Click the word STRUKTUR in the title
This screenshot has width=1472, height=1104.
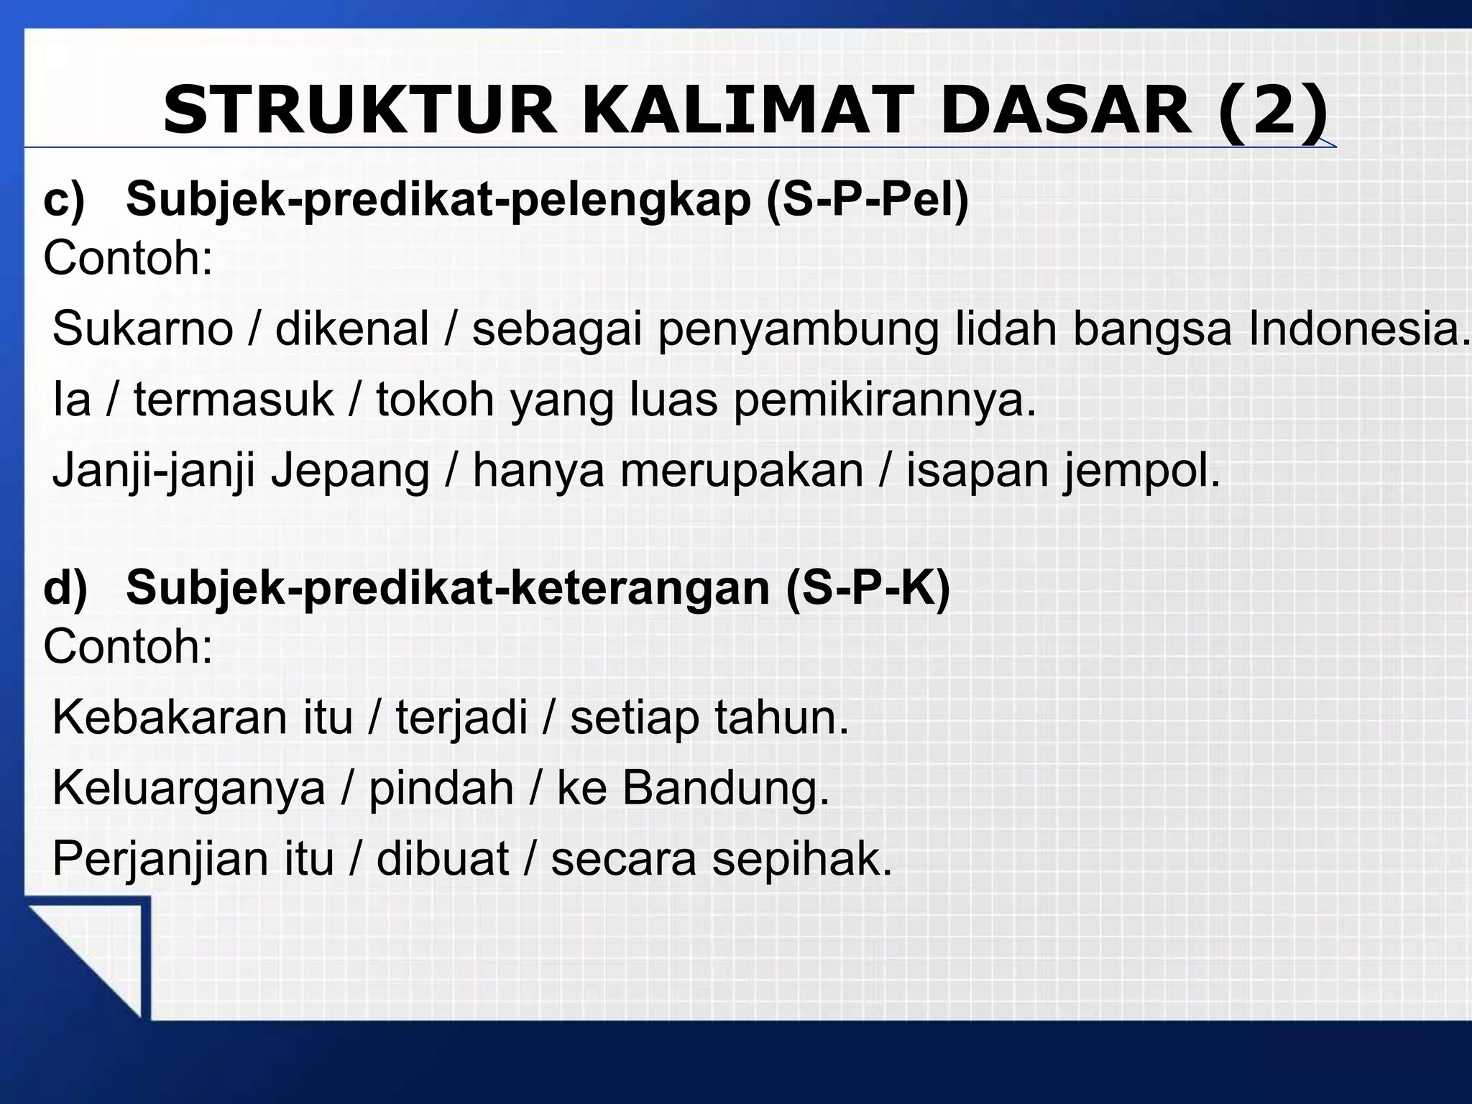[359, 111]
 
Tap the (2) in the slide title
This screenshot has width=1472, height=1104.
[1272, 111]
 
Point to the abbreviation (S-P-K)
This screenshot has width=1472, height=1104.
[868, 587]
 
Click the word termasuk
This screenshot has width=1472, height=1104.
[234, 400]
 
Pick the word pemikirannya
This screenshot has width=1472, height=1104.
[885, 401]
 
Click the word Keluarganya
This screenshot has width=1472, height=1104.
[189, 789]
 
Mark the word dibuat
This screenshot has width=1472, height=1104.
[443, 858]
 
